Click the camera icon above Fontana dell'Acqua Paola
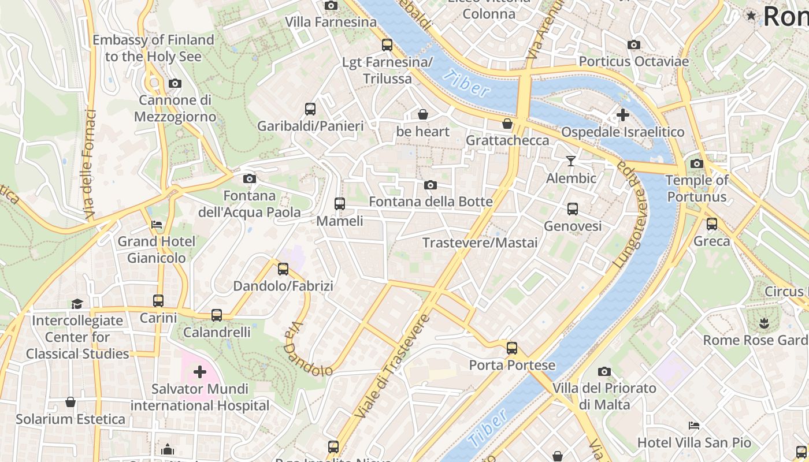[x=249, y=178]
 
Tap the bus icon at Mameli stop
[x=340, y=203]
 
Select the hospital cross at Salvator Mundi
[x=200, y=371]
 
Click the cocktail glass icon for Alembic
[x=571, y=161]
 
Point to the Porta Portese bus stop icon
[x=512, y=348]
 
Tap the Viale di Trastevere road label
[x=393, y=366]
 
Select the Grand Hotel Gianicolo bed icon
[x=157, y=224]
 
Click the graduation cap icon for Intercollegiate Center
[x=77, y=303]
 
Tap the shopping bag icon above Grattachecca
[x=507, y=123]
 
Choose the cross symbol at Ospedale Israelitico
[x=622, y=115]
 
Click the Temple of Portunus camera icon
[x=697, y=163]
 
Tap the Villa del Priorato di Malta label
[x=604, y=396]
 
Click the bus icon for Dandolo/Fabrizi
[x=283, y=269]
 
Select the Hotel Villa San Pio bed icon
[x=694, y=426]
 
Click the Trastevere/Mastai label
[x=480, y=243]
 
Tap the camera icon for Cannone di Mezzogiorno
[x=175, y=83]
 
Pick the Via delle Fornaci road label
[x=89, y=165]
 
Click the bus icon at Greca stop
[x=712, y=223]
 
